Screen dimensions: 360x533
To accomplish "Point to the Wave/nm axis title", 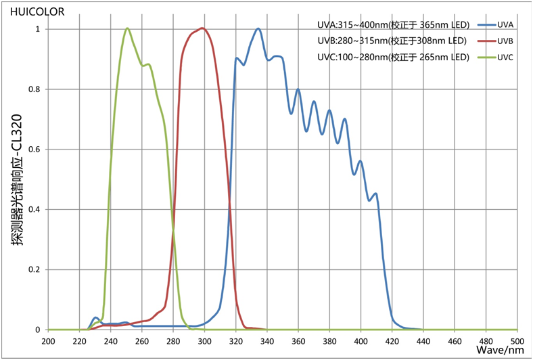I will point(500,350).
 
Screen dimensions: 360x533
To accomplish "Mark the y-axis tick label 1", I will point(37,29).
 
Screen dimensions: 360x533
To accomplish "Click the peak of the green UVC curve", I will point(127,28).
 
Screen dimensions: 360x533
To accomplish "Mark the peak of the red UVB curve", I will point(202,28).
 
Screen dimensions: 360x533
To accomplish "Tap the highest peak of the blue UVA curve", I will point(258,28).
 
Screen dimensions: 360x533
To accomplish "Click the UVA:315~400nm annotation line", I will point(392,25).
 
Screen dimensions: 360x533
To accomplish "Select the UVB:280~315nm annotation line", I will point(392,41).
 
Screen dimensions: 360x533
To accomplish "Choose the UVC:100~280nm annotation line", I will point(392,58).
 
